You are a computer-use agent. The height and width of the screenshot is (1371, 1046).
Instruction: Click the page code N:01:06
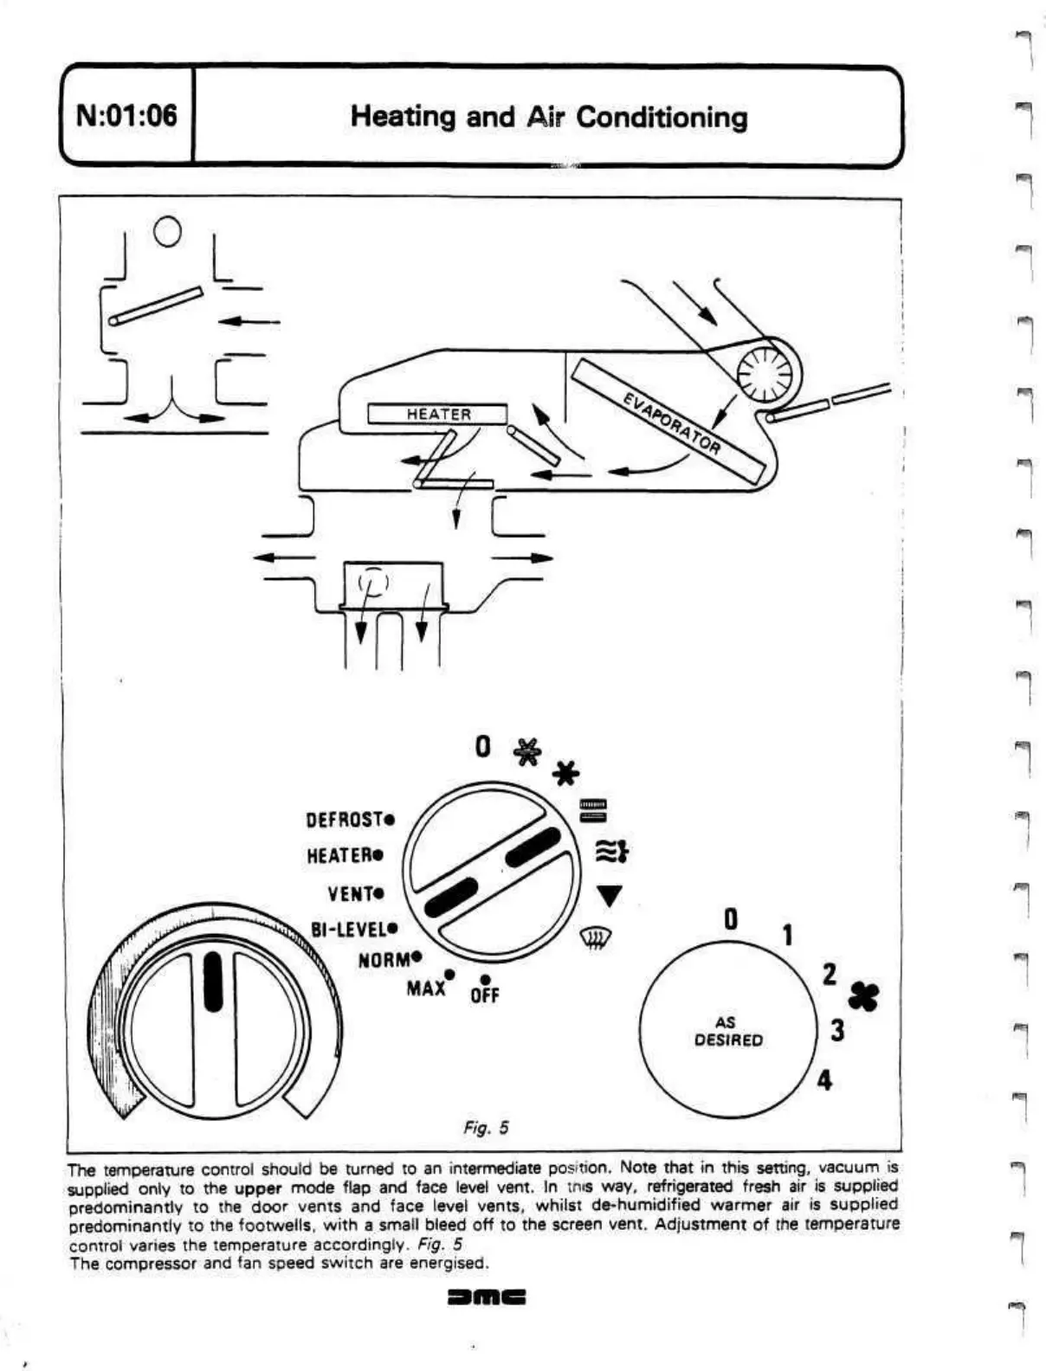(126, 115)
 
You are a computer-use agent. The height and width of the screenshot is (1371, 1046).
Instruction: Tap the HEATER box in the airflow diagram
(438, 415)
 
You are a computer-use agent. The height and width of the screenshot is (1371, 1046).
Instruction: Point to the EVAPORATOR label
(672, 422)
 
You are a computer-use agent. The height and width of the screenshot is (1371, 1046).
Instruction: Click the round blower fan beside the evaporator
(763, 375)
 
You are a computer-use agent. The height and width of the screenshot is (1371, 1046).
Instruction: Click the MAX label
(426, 987)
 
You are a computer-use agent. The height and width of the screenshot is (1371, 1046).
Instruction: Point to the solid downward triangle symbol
(610, 896)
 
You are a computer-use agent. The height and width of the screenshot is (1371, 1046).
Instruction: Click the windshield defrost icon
(595, 936)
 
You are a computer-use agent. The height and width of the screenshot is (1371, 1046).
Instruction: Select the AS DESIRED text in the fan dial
(728, 1032)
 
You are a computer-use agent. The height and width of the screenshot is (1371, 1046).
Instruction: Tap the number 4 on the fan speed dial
(824, 1080)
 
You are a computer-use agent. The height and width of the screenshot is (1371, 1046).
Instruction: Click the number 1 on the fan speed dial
(788, 936)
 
